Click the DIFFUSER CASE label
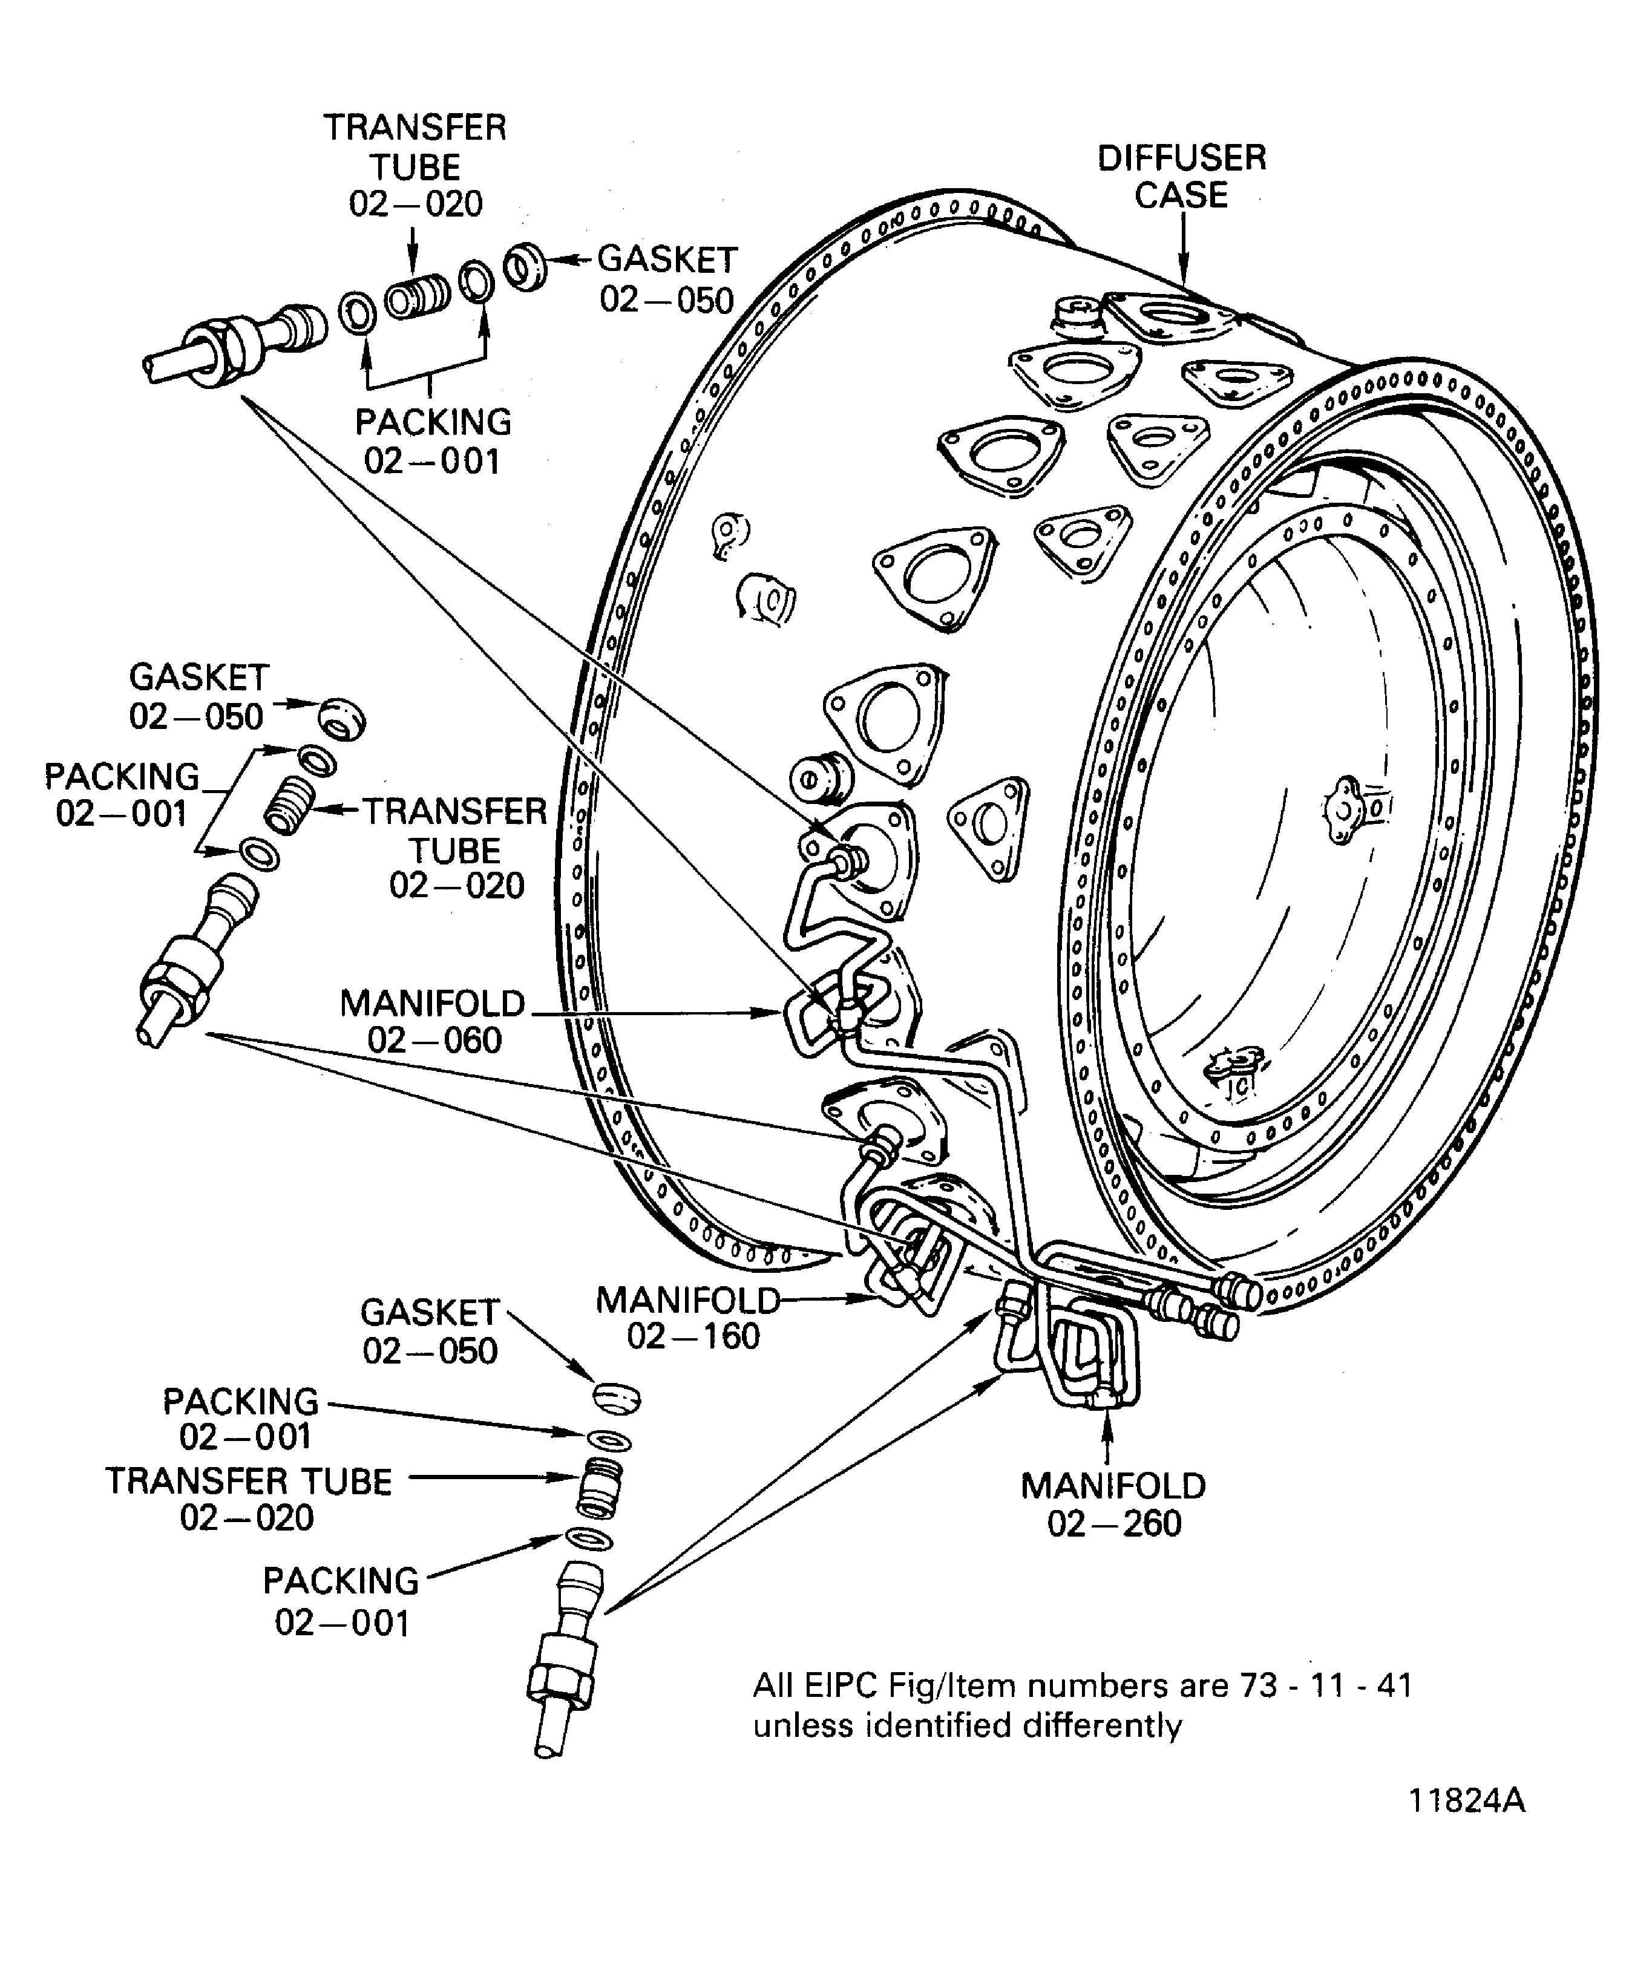point(1181,176)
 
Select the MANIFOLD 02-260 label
point(1113,1504)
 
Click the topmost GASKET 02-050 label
point(667,279)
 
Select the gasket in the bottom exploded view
point(617,1398)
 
